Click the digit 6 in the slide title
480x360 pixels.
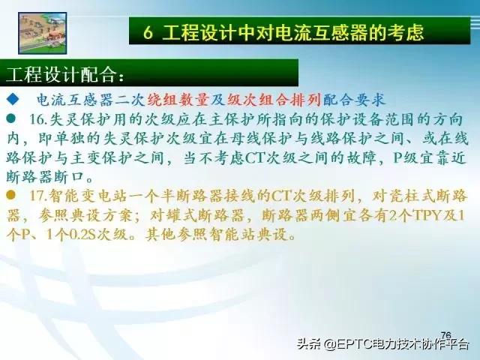click(x=148, y=32)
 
